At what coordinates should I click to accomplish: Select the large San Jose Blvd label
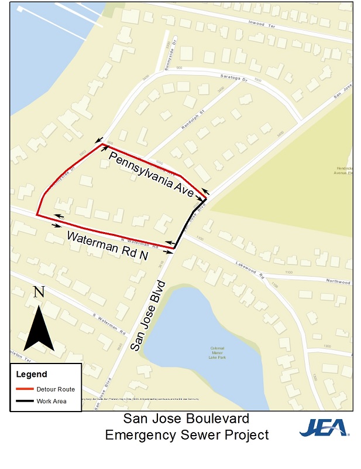pyautogui.click(x=149, y=316)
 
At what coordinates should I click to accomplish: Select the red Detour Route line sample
pyautogui.click(x=25, y=389)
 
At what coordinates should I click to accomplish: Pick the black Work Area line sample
pyautogui.click(x=25, y=402)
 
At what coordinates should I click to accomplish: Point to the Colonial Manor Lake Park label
pyautogui.click(x=217, y=352)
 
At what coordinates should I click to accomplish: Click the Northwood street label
pyautogui.click(x=338, y=281)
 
